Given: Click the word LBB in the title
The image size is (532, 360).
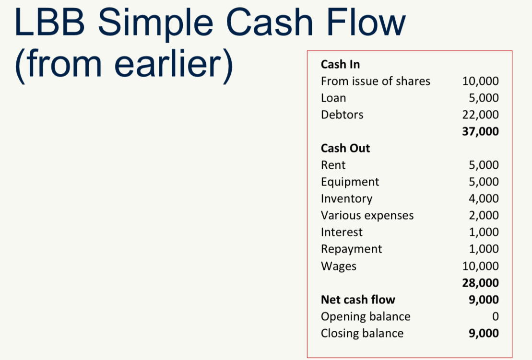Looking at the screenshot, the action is click(x=49, y=22).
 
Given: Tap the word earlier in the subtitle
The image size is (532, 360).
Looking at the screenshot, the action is click(x=169, y=63).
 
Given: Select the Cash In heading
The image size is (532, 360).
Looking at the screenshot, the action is click(x=340, y=64).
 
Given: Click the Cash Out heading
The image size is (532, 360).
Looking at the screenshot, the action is click(x=345, y=148).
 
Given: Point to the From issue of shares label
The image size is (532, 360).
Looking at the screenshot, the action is click(x=375, y=81).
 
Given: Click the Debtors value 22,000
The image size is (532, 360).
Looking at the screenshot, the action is click(x=480, y=115).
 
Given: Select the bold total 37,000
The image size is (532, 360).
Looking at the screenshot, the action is click(x=480, y=131).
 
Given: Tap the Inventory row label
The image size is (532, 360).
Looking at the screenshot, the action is click(x=346, y=199).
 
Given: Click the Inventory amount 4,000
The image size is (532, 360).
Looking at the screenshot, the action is click(x=484, y=198).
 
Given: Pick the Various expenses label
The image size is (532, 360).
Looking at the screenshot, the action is click(x=367, y=216).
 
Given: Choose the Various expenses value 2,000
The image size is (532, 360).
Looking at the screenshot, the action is click(x=484, y=216).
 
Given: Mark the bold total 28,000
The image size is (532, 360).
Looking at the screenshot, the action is click(x=480, y=283).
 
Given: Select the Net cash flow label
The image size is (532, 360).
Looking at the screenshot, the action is click(x=358, y=300).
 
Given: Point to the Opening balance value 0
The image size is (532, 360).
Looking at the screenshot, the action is click(x=496, y=316).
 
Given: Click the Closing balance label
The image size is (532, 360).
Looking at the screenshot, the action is click(x=362, y=334).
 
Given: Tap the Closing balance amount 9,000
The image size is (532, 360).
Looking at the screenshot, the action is click(x=484, y=334).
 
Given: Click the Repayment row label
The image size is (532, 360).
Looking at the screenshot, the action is click(x=351, y=249).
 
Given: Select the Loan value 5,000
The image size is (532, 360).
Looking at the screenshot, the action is click(x=484, y=98).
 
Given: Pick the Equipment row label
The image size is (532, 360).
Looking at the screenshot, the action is click(x=350, y=182).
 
